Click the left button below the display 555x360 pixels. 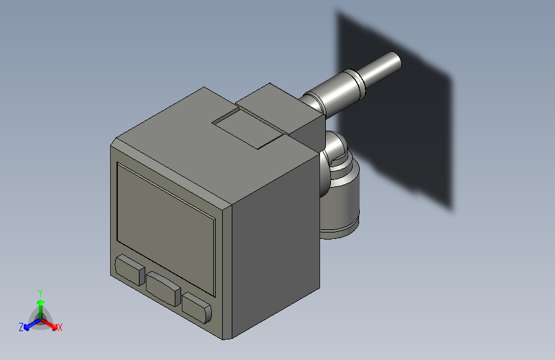pyautogui.click(x=129, y=269)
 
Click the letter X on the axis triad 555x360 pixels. pyautogui.click(x=60, y=327)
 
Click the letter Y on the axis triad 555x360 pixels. pyautogui.click(x=40, y=293)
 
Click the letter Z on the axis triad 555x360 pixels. pyautogui.click(x=21, y=327)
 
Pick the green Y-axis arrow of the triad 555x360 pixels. pyautogui.click(x=40, y=306)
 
